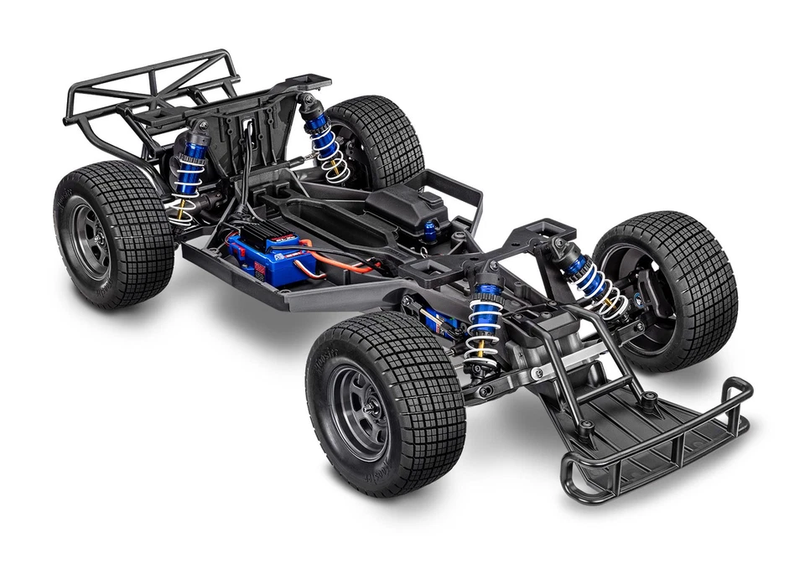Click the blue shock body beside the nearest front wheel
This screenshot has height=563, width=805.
coord(486,314)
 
